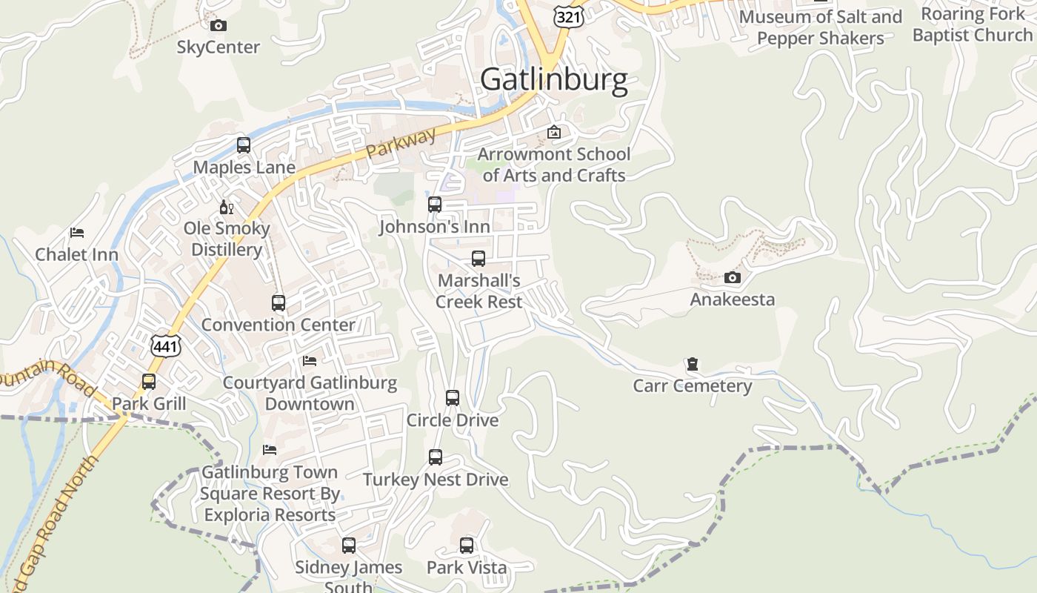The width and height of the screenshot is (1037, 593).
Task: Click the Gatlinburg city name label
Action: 554,79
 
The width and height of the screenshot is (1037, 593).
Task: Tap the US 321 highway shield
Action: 569,16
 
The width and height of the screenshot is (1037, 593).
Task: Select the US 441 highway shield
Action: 165,346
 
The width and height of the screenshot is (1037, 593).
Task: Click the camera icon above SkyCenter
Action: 218,26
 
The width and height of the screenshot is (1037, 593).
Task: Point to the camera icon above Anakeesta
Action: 733,278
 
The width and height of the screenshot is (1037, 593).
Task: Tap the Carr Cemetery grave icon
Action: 692,364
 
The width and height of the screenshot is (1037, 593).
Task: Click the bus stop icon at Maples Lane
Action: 244,145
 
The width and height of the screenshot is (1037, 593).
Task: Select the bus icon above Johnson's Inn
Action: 435,205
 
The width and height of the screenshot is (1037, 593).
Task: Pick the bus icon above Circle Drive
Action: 453,398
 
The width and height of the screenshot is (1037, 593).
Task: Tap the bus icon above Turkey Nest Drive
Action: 436,457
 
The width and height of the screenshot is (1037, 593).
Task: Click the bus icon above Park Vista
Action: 467,546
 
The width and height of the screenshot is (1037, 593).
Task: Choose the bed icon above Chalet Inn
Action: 77,233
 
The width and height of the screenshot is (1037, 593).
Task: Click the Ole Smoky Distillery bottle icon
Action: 226,207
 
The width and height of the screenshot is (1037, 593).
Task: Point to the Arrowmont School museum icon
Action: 553,133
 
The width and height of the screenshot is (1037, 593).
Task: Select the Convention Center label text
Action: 279,325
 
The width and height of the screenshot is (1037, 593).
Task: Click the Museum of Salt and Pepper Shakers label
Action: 821,27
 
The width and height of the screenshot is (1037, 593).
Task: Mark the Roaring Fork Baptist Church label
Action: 973,24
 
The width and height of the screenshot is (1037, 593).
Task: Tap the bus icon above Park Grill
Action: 149,382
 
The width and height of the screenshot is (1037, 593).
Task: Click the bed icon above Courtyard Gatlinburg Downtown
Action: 310,361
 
